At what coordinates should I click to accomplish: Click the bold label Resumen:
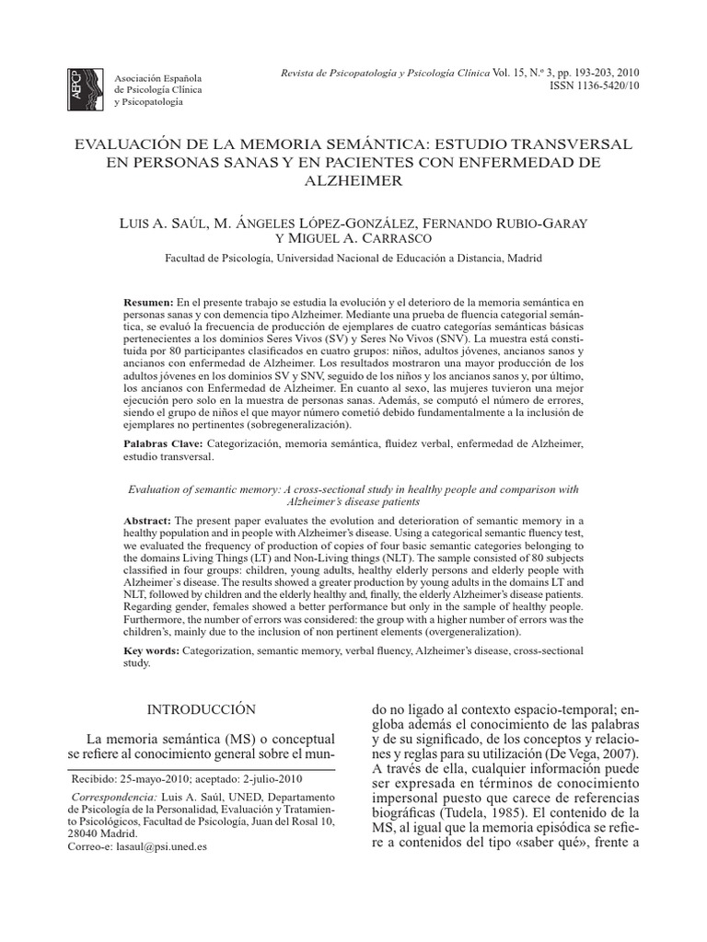(148, 303)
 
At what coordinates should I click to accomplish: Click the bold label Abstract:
(147, 521)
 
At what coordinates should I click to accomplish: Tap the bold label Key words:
(152, 650)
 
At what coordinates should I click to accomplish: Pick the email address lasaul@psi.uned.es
(168, 846)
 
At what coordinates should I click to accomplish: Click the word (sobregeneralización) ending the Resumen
(289, 426)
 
